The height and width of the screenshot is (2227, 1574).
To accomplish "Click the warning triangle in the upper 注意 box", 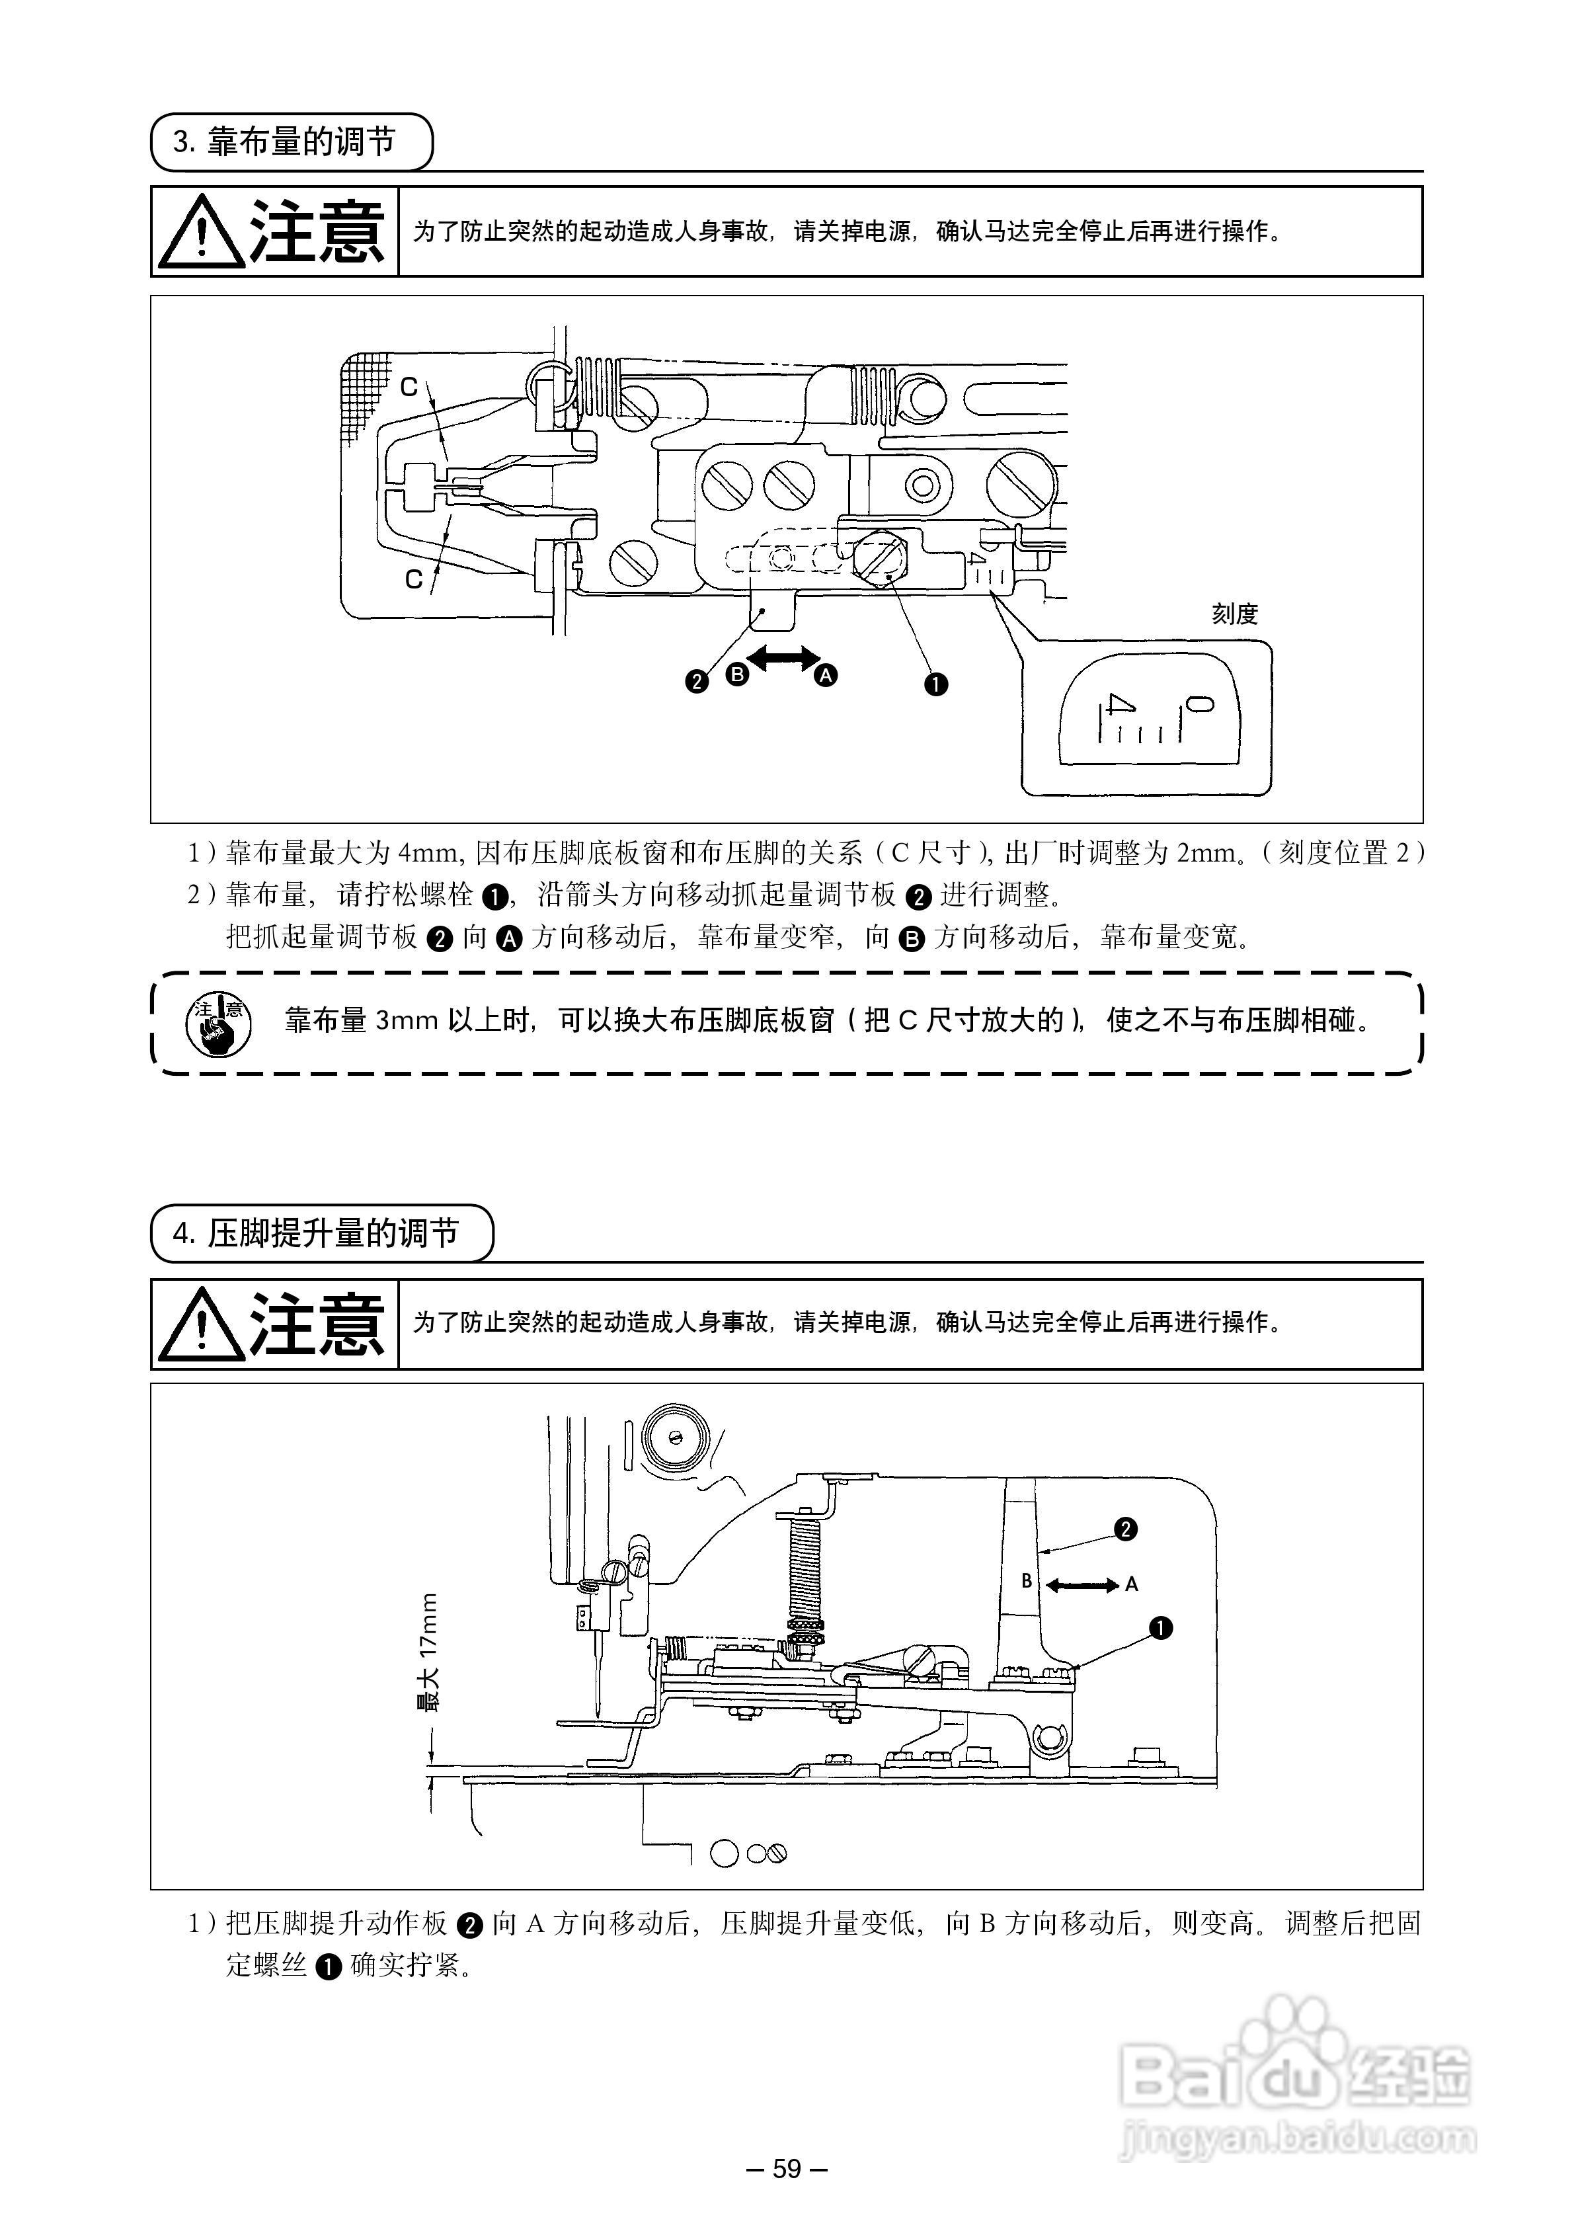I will pos(201,233).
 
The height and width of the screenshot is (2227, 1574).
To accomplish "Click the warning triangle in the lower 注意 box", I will pos(201,1325).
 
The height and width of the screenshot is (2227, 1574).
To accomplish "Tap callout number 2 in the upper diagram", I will pos(696,681).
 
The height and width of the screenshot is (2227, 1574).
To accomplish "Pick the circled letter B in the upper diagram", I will pos(737,673).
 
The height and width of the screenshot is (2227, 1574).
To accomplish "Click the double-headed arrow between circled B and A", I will pos(781,659).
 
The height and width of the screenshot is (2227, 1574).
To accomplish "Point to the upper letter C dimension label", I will pos(409,387).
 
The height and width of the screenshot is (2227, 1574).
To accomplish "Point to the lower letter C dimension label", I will pos(414,579).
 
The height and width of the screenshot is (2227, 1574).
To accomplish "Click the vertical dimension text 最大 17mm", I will pos(428,1652).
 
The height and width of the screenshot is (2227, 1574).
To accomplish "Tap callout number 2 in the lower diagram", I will pos(1125,1529).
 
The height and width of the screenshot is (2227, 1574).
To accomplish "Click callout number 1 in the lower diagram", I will pos(1160,1629).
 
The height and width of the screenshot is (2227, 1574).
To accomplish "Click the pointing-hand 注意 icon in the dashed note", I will pos(218,1024).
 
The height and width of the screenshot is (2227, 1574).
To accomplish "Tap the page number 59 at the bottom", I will pos(787,2169).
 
